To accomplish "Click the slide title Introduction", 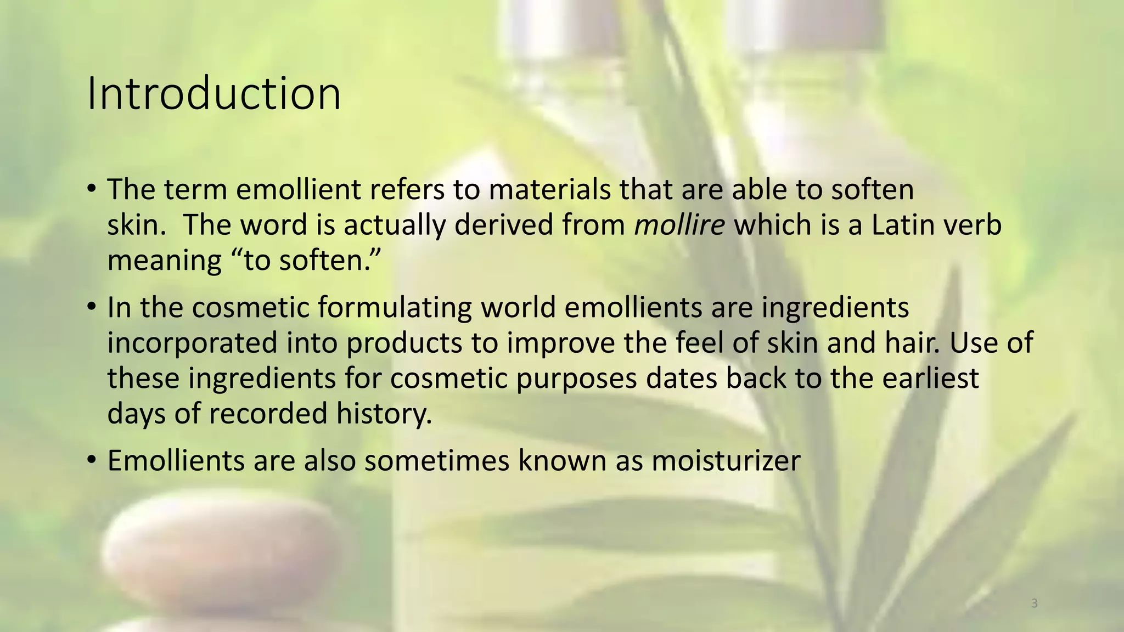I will click(214, 94).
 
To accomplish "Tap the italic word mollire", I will click(679, 225).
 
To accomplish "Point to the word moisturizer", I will click(726, 461).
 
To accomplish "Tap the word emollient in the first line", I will click(299, 190).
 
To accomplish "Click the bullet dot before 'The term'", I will click(92, 189).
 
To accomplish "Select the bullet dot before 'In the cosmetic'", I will click(92, 307).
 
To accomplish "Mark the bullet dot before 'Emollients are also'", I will click(92, 459).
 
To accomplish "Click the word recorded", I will click(268, 414).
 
